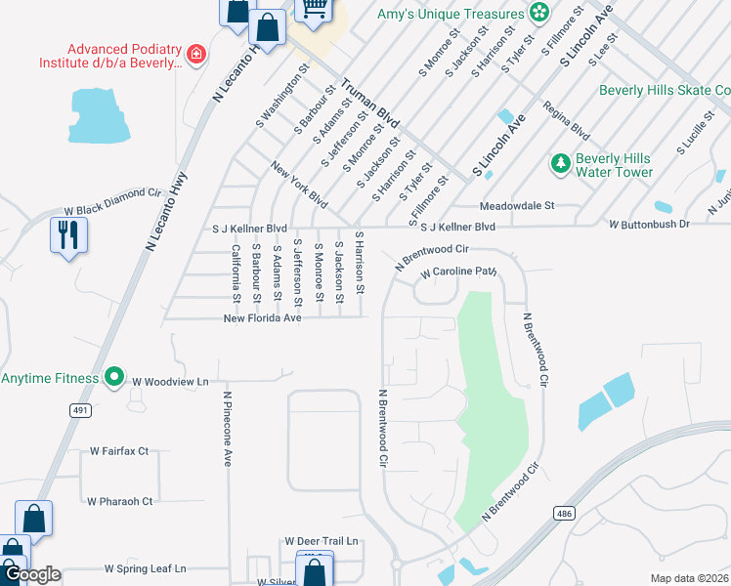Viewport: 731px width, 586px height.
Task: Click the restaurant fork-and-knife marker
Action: (x=68, y=235)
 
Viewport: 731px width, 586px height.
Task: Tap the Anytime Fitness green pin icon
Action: (x=113, y=376)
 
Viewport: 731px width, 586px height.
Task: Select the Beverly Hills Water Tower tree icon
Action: (x=561, y=164)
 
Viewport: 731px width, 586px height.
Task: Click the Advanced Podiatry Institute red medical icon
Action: (x=196, y=54)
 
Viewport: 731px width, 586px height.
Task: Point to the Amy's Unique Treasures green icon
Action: (x=537, y=12)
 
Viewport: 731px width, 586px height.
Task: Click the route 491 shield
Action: (x=80, y=411)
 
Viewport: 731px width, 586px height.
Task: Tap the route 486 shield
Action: (x=563, y=512)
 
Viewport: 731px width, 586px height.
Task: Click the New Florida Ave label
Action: (x=262, y=318)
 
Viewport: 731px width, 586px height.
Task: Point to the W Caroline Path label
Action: (x=459, y=272)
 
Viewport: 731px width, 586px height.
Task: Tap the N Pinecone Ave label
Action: (x=227, y=430)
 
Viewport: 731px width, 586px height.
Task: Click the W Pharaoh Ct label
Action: (x=120, y=502)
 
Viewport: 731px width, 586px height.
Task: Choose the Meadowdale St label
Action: (x=516, y=206)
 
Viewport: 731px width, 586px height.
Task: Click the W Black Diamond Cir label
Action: (x=111, y=210)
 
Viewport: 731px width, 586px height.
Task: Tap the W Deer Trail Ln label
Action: (x=322, y=541)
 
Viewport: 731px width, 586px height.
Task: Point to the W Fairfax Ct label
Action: (x=118, y=451)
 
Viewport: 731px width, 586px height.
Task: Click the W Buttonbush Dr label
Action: (x=649, y=225)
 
